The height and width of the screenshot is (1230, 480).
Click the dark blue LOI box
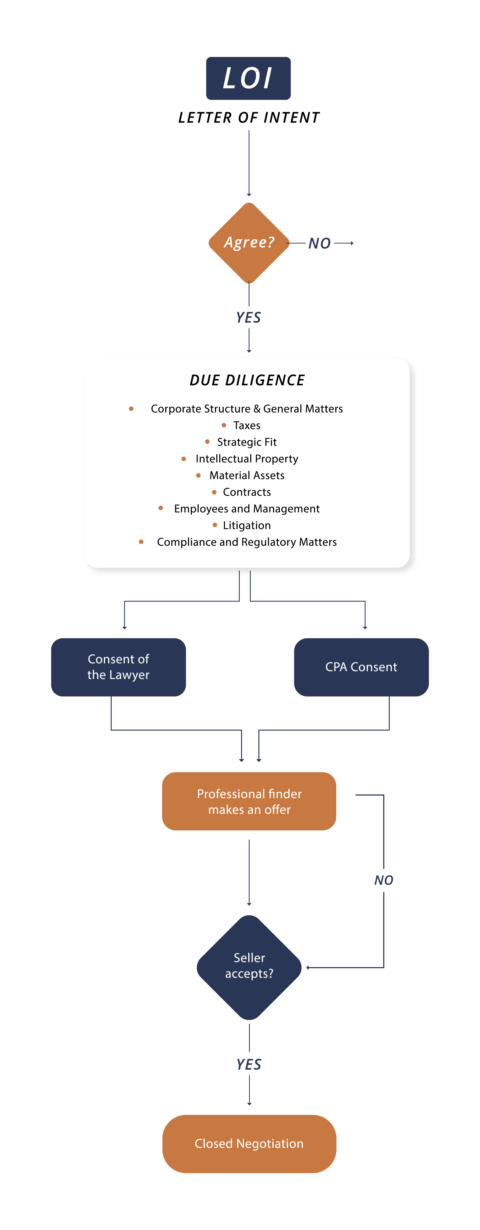click(x=248, y=78)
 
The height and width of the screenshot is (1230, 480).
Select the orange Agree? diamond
click(x=249, y=243)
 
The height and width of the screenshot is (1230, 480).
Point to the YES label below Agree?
click(x=249, y=318)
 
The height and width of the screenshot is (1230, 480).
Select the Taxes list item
click(x=247, y=425)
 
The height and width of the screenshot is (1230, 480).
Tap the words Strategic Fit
click(x=247, y=442)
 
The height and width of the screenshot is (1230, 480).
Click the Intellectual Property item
click(x=247, y=459)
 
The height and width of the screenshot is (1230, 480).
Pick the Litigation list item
click(x=247, y=525)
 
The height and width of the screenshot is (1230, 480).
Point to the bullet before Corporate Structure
click(x=131, y=409)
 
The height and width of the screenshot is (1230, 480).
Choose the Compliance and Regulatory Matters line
click(x=247, y=542)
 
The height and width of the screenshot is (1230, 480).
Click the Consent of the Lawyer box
click(x=118, y=667)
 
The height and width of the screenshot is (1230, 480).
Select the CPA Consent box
click(x=361, y=667)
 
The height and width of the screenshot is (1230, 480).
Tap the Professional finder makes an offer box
click(x=249, y=801)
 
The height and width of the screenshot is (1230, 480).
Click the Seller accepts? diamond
click(x=249, y=967)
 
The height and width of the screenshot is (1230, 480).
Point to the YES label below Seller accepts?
click(x=249, y=1064)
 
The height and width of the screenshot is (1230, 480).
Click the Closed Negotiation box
click(x=249, y=1144)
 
